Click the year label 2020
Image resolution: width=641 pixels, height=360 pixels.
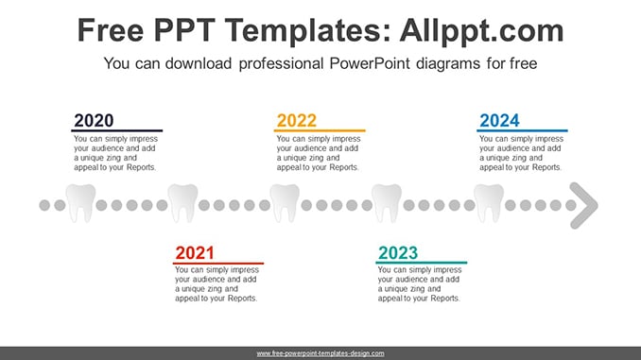coord(94,121)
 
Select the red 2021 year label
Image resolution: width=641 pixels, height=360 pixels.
coord(195,253)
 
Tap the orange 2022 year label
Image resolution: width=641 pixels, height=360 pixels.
coord(296,121)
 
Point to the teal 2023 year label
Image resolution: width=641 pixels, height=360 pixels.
coord(398,253)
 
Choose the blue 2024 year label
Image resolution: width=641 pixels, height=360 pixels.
coord(499,121)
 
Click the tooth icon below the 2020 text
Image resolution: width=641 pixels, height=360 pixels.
coord(80,203)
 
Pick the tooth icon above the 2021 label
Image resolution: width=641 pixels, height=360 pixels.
coord(182,203)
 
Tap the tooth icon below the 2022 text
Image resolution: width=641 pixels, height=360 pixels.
coord(285,203)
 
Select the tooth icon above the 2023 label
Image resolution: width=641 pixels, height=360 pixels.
coord(387,203)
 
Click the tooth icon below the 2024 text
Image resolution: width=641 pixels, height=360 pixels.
coord(489,203)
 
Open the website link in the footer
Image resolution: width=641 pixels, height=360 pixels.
coord(320,353)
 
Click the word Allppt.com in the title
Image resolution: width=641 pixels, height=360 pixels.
coord(481,30)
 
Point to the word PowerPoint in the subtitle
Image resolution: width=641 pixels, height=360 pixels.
coord(370,63)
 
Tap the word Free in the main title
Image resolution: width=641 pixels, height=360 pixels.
coord(111,30)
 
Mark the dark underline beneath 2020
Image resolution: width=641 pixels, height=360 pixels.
coord(117,130)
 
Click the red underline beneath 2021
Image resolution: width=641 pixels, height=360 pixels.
coord(218,264)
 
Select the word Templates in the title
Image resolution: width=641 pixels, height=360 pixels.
coord(303,30)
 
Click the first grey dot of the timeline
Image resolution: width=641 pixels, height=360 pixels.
coord(44,205)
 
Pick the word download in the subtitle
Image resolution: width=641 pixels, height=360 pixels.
coord(199,63)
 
